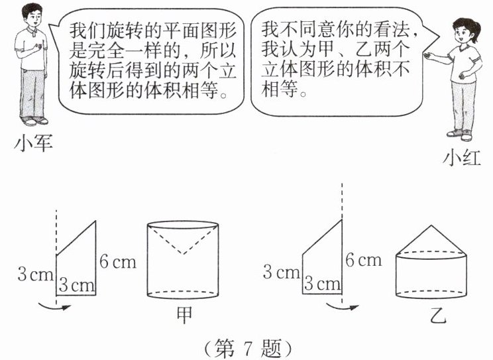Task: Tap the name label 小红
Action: (x=463, y=158)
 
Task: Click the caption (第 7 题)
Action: (x=246, y=347)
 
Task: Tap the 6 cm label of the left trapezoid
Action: (x=117, y=261)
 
